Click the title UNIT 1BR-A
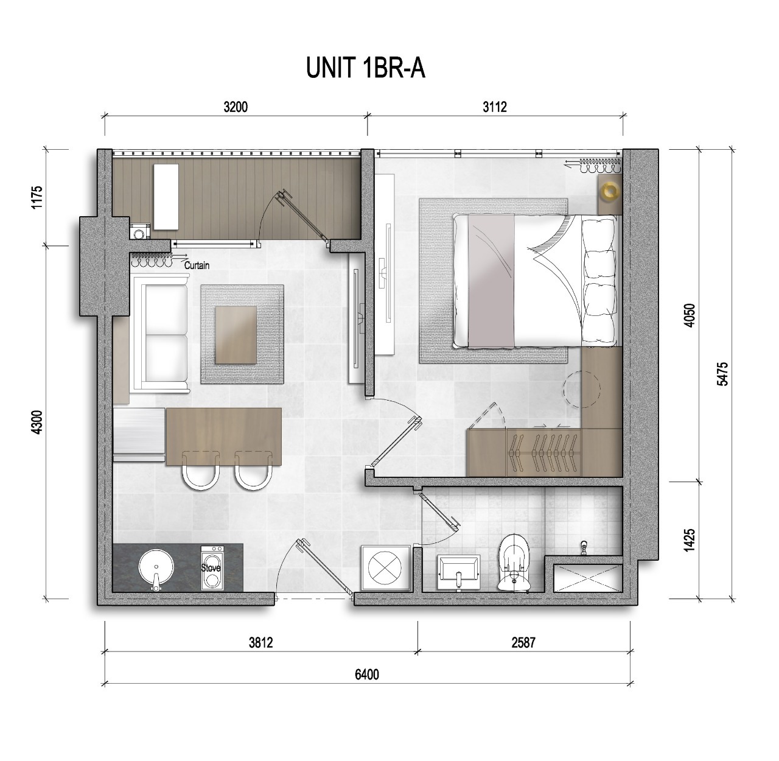coord(365,68)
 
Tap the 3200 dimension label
coord(236,107)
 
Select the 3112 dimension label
coord(495,107)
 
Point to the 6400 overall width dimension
coord(367,675)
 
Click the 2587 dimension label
coord(523,643)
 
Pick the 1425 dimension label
coord(690,541)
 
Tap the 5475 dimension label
coord(723,374)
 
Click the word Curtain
coord(197,265)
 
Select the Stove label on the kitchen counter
coord(211,568)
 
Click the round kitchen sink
coord(156,567)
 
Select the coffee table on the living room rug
coord(236,335)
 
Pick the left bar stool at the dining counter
coord(201,471)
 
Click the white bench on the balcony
coord(166,197)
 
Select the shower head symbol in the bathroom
coord(585,548)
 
